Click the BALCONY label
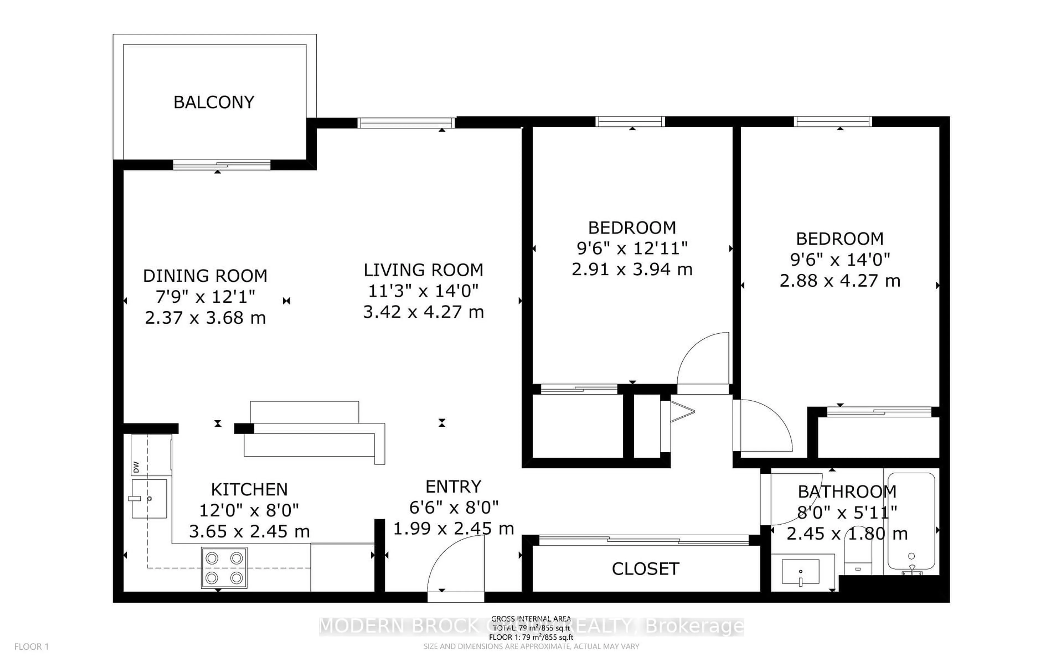214,102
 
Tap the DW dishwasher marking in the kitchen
136,467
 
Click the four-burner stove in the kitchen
224,567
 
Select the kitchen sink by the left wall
149,499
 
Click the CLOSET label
645,569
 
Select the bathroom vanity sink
800,572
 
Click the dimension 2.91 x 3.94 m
632,269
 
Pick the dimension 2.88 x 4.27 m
840,281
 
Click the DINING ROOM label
205,276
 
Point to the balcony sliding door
221,165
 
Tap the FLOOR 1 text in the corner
32,647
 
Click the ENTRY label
453,487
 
